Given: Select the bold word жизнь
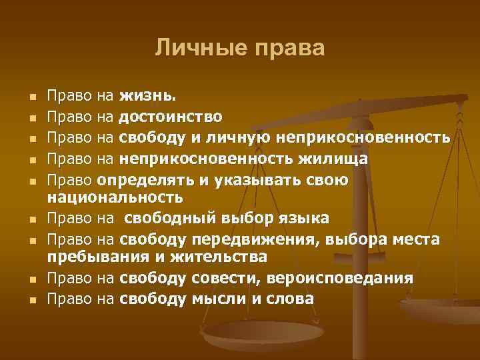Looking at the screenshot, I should click(149, 98).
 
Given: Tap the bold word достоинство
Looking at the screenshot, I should click(171, 118).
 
